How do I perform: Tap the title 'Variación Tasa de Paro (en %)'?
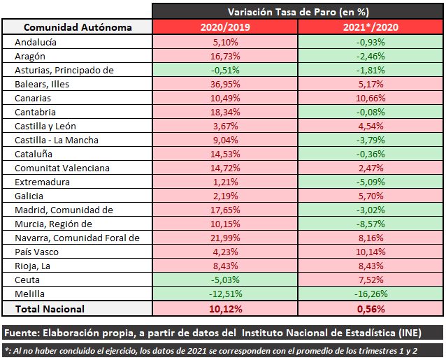pyautogui.click(x=298, y=11)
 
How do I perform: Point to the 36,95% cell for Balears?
pyautogui.click(x=225, y=84)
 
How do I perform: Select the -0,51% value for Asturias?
pyautogui.click(x=225, y=70)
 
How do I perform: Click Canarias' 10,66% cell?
pyautogui.click(x=371, y=98)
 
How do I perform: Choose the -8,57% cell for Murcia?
pyautogui.click(x=371, y=224)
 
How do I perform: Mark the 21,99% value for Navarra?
pyautogui.click(x=225, y=238)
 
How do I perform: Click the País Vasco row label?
pyautogui.click(x=39, y=252)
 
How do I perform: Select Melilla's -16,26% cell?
pyautogui.click(x=371, y=294)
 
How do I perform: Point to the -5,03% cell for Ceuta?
pyautogui.click(x=225, y=280)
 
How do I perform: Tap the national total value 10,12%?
pyautogui.click(x=225, y=308)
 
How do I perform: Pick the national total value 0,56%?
pyautogui.click(x=371, y=308)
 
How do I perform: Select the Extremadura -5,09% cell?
pyautogui.click(x=371, y=182)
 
